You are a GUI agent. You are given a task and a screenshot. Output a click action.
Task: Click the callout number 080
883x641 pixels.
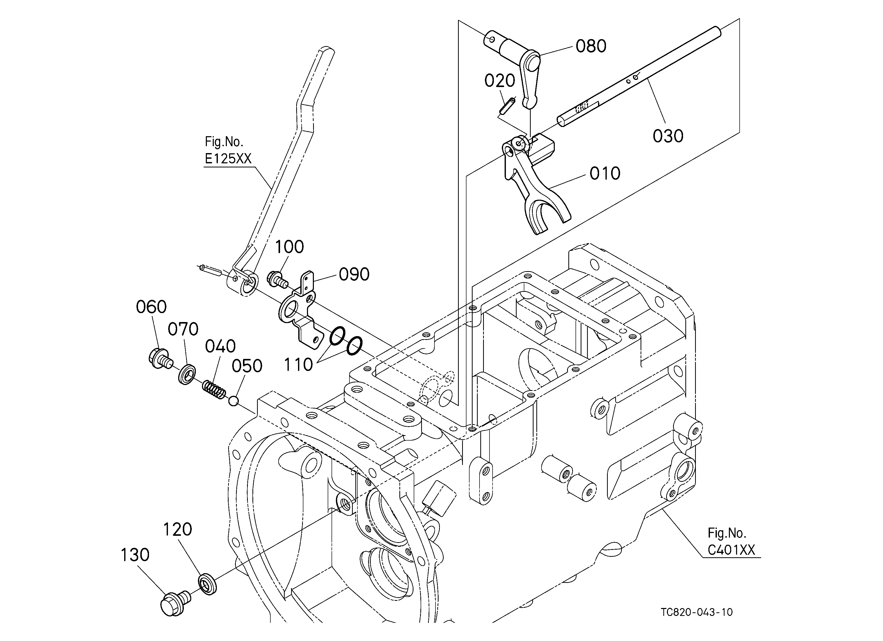click(x=591, y=46)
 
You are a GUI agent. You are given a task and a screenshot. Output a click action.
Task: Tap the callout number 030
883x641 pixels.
click(x=668, y=136)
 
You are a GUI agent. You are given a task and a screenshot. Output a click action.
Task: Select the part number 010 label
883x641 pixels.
click(x=605, y=174)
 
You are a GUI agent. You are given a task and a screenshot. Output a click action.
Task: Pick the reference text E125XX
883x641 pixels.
click(x=228, y=159)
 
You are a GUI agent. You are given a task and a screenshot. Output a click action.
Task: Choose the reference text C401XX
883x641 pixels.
click(x=731, y=550)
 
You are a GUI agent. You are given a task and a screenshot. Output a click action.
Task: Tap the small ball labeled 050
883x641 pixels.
click(x=233, y=400)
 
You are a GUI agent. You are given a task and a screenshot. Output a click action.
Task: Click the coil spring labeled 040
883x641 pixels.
click(x=214, y=389)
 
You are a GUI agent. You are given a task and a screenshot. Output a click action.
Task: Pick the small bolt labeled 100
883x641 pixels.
click(x=277, y=279)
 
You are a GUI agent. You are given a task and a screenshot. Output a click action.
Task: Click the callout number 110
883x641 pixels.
click(x=298, y=365)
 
